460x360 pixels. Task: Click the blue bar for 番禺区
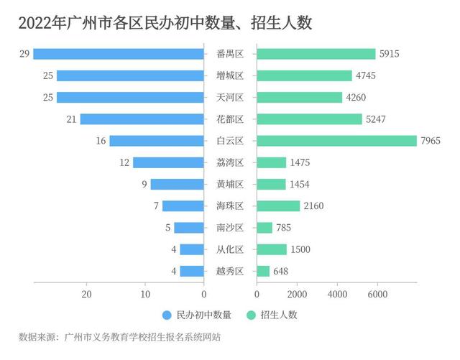point(119,54)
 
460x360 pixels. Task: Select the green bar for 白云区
point(336,141)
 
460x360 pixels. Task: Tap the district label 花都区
point(230,119)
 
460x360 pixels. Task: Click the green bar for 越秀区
point(263,271)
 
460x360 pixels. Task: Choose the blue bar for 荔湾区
point(168,162)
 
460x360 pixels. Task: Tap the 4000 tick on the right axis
point(337,294)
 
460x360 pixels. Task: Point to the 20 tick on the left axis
point(86,294)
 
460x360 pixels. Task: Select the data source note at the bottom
point(119,336)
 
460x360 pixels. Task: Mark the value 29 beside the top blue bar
point(24,54)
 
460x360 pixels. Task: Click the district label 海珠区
point(230,206)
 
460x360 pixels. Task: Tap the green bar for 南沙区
point(264,228)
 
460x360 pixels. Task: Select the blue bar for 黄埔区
point(177,184)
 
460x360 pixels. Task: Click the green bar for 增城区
point(304,75)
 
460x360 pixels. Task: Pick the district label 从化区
point(230,249)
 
